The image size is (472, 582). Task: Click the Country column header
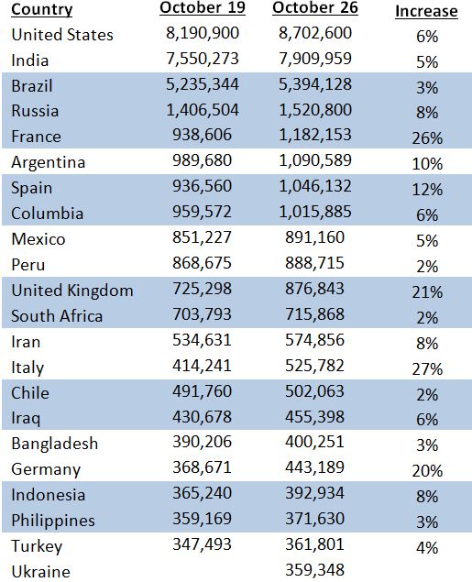tap(42, 9)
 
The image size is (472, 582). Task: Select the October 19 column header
tap(203, 8)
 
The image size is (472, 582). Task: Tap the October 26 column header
tap(315, 8)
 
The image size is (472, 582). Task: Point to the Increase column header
tap(426, 11)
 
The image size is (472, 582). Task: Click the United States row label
tap(62, 35)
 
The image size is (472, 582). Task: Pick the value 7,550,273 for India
tap(203, 59)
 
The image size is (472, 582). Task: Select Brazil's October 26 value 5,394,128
tap(315, 84)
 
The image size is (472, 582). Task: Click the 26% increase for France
tap(427, 138)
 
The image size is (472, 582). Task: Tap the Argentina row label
tap(49, 162)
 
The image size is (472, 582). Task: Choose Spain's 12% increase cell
tap(427, 190)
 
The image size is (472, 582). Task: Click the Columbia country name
tap(47, 214)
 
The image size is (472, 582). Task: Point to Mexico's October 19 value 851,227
tap(202, 237)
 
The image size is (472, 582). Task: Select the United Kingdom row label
tap(72, 291)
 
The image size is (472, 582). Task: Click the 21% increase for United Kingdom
tap(427, 292)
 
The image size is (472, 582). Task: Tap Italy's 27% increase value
tap(427, 369)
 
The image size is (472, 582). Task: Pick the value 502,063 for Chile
tap(314, 391)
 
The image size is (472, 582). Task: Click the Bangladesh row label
tap(55, 444)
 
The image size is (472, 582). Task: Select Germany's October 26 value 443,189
tap(314, 467)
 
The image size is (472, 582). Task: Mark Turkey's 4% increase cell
tap(427, 548)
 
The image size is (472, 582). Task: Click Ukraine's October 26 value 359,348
tap(314, 570)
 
